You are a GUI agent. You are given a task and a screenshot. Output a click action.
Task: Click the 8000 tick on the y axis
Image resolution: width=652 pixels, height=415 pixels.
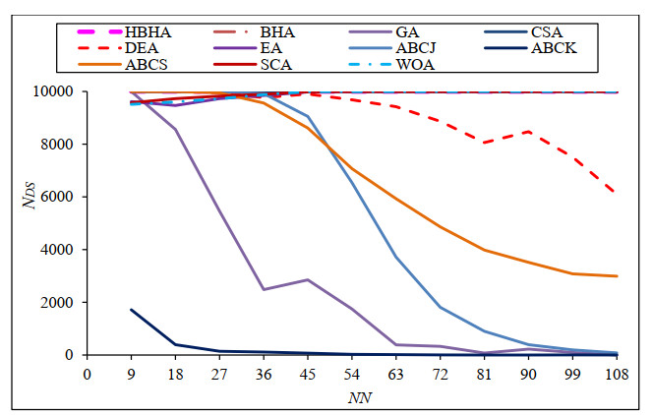coord(62,145)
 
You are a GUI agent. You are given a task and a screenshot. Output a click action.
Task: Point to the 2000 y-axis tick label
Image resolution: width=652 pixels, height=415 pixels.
coord(62,303)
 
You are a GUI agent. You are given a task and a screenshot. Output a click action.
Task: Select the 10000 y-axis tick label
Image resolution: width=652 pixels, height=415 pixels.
coord(58,92)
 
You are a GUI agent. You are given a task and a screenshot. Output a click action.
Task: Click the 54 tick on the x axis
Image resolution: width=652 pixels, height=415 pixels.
coord(352,375)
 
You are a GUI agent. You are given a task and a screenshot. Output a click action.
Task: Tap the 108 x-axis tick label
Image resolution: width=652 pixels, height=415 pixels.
coord(617,375)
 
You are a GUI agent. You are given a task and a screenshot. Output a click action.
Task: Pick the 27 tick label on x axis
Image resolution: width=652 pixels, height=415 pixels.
coord(219,375)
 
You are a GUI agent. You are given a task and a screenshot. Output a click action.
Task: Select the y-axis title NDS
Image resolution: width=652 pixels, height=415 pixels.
coord(29,224)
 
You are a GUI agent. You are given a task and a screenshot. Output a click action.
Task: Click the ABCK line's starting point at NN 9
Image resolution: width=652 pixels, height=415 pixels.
coord(131,310)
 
